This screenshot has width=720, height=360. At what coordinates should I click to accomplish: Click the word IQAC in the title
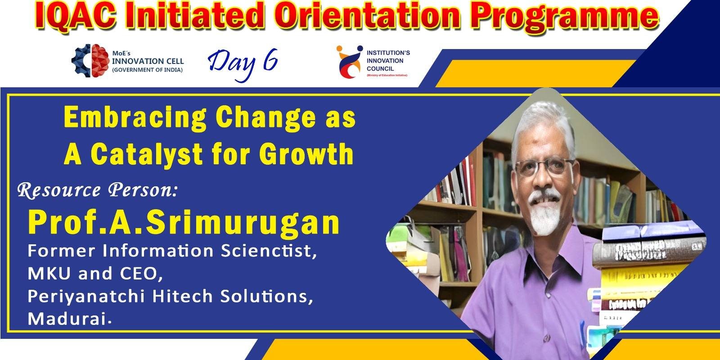(x=76, y=16)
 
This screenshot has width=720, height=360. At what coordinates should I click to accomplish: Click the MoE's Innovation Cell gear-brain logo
(x=90, y=61)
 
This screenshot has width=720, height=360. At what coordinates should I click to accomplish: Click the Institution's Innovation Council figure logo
(x=349, y=62)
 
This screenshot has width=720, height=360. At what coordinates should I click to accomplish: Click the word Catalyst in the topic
(x=147, y=155)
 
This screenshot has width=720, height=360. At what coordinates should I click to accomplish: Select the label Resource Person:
(x=97, y=190)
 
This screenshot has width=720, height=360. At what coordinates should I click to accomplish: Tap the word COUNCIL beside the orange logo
(x=380, y=68)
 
